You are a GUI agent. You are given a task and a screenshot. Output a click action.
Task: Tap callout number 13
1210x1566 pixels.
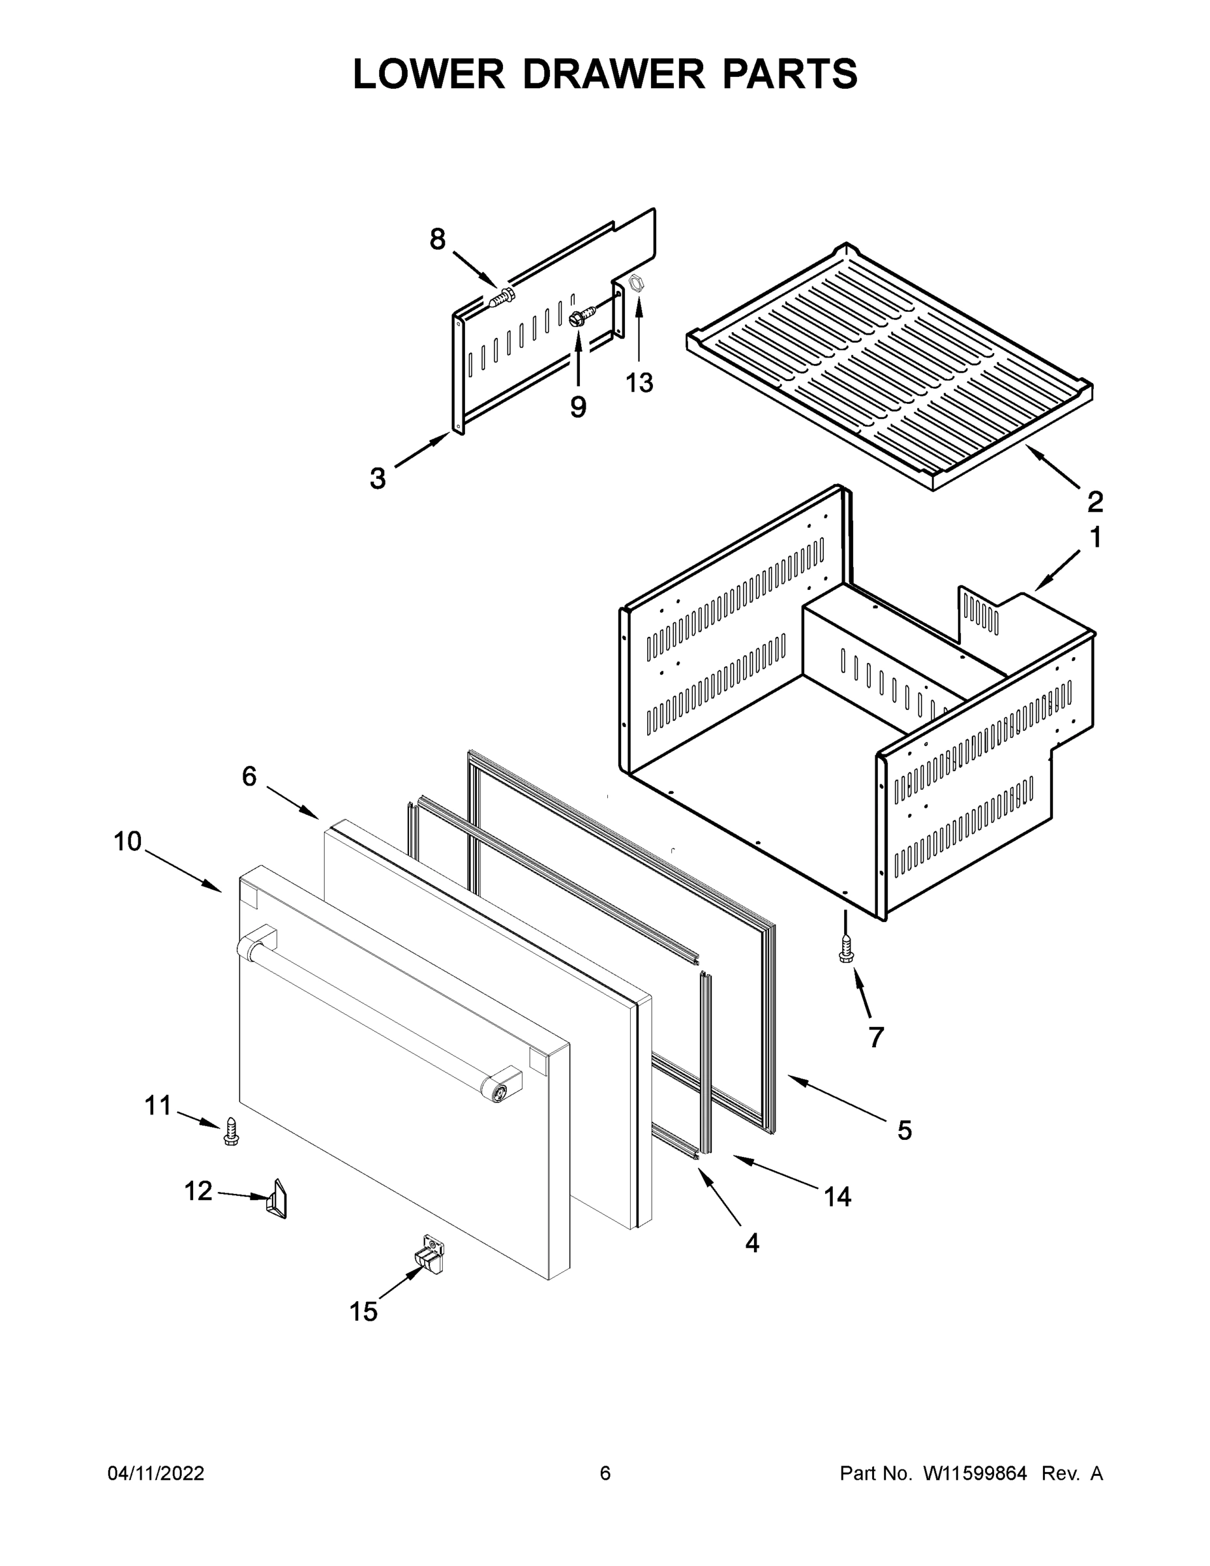(x=639, y=383)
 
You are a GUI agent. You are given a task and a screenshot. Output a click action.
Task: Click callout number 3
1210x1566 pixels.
(x=378, y=478)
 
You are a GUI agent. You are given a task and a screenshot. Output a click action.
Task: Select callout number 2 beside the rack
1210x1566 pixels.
(x=1095, y=501)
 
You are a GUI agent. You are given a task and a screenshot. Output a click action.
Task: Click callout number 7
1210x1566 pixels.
(x=876, y=1037)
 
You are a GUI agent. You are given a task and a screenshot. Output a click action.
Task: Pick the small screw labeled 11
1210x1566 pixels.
(x=231, y=1131)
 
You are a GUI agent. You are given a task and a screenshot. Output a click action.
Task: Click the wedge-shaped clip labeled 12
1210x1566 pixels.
(x=277, y=1199)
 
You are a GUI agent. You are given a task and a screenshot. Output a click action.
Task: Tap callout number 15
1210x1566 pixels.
(x=363, y=1312)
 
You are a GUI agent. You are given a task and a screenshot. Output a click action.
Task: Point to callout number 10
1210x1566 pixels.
(x=128, y=841)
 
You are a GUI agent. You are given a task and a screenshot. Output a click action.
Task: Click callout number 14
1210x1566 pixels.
(x=838, y=1196)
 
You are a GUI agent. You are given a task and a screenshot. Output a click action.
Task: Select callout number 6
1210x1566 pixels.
(x=249, y=776)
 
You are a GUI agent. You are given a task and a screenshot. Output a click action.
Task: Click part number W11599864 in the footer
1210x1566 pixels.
(x=975, y=1473)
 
